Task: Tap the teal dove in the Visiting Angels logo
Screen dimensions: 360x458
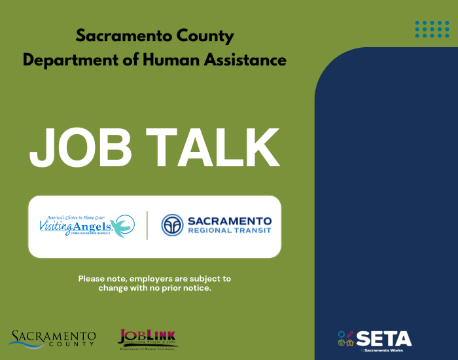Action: coord(122,226)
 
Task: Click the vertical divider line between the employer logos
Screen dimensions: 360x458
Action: coord(147,226)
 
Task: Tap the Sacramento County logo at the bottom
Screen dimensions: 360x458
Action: coord(52,338)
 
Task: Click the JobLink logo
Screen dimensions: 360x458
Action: coord(147,338)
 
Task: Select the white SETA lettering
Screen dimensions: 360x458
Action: coord(384,338)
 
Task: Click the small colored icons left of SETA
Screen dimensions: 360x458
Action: coord(346,338)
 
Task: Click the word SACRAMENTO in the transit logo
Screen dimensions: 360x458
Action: coord(229,221)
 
